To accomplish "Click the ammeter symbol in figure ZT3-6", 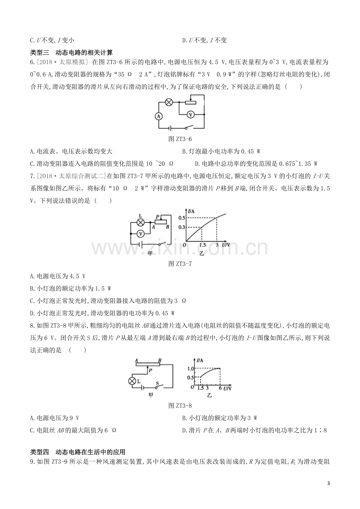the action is coord(159,116).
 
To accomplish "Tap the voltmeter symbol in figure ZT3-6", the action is coord(191,115).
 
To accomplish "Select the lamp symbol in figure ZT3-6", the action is coord(169,102).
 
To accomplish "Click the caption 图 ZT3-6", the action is coord(180,139).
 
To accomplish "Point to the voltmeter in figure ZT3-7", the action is coord(140,233).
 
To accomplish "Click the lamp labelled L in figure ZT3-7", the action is coord(140,222).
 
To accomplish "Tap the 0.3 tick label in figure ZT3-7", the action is coord(182,227).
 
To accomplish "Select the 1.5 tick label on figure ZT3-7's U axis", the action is coord(202,245).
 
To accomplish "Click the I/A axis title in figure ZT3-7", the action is coord(191,211).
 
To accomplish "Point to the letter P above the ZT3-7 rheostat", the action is coord(157,217).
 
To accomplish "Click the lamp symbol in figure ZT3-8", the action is coord(132,381).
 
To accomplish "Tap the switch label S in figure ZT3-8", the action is coord(157,383).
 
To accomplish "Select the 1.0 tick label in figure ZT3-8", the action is coord(191,368).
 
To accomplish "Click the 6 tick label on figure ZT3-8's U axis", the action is coord(220,388).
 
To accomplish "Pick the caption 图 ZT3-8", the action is coord(180,405).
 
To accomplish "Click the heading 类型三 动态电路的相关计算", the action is coord(71,53).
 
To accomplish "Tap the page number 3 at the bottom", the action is coord(328,489).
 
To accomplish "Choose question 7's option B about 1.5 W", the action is coord(70,289).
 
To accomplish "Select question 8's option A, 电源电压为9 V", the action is coord(54,418).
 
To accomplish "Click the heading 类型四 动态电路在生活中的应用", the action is coord(78,452).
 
